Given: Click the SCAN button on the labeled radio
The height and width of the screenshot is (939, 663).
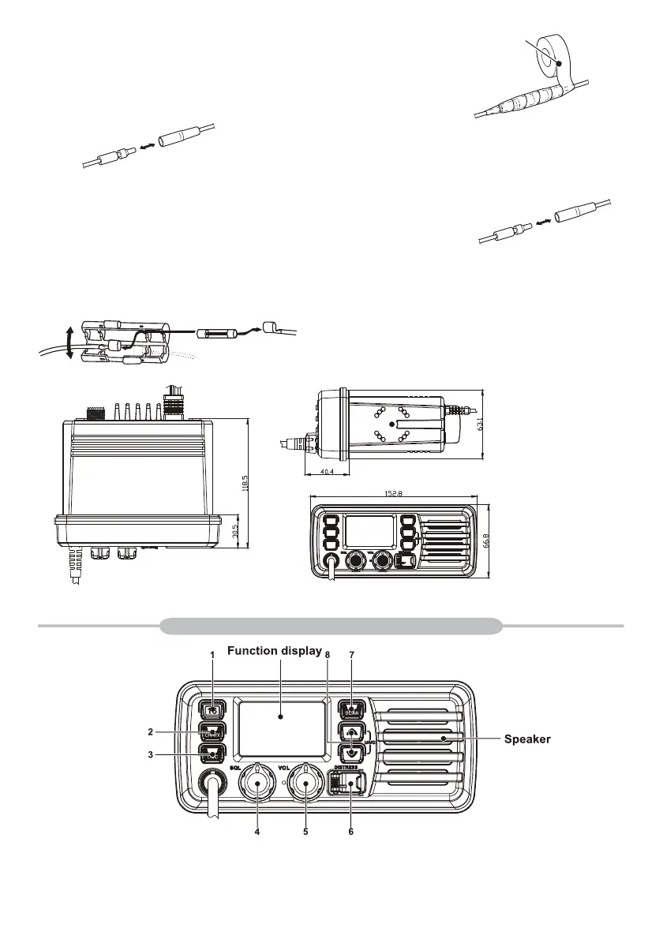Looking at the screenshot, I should [352, 709].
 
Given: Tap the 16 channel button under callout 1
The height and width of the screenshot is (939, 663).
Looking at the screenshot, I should [212, 709].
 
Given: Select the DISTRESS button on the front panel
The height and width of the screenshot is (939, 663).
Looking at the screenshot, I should [344, 784].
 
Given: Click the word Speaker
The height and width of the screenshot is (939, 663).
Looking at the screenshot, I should [527, 739].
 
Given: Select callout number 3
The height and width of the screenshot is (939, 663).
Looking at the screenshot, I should [173, 754].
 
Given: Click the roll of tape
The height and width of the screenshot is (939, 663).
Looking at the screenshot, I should [558, 61].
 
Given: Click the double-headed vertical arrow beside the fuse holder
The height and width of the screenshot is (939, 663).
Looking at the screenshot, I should [70, 342].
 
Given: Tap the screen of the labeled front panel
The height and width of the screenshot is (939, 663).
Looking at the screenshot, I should [282, 716].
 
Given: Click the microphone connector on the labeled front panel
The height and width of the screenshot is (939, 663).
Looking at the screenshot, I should [214, 783].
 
